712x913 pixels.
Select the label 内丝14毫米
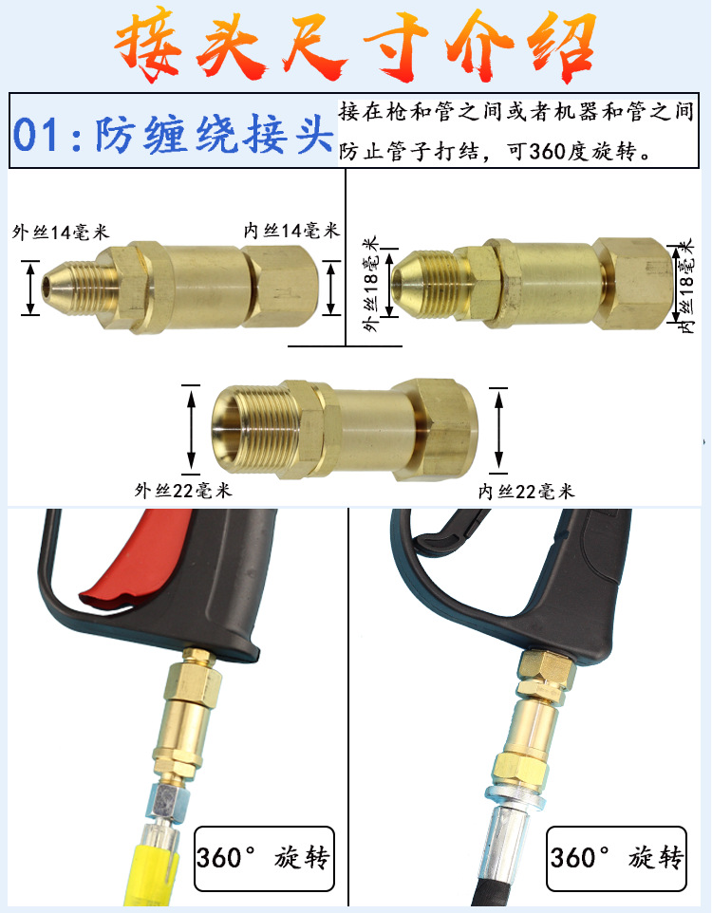[292, 232]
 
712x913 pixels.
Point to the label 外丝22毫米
[183, 491]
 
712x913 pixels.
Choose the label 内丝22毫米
[526, 491]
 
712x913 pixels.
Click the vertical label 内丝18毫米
[686, 286]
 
